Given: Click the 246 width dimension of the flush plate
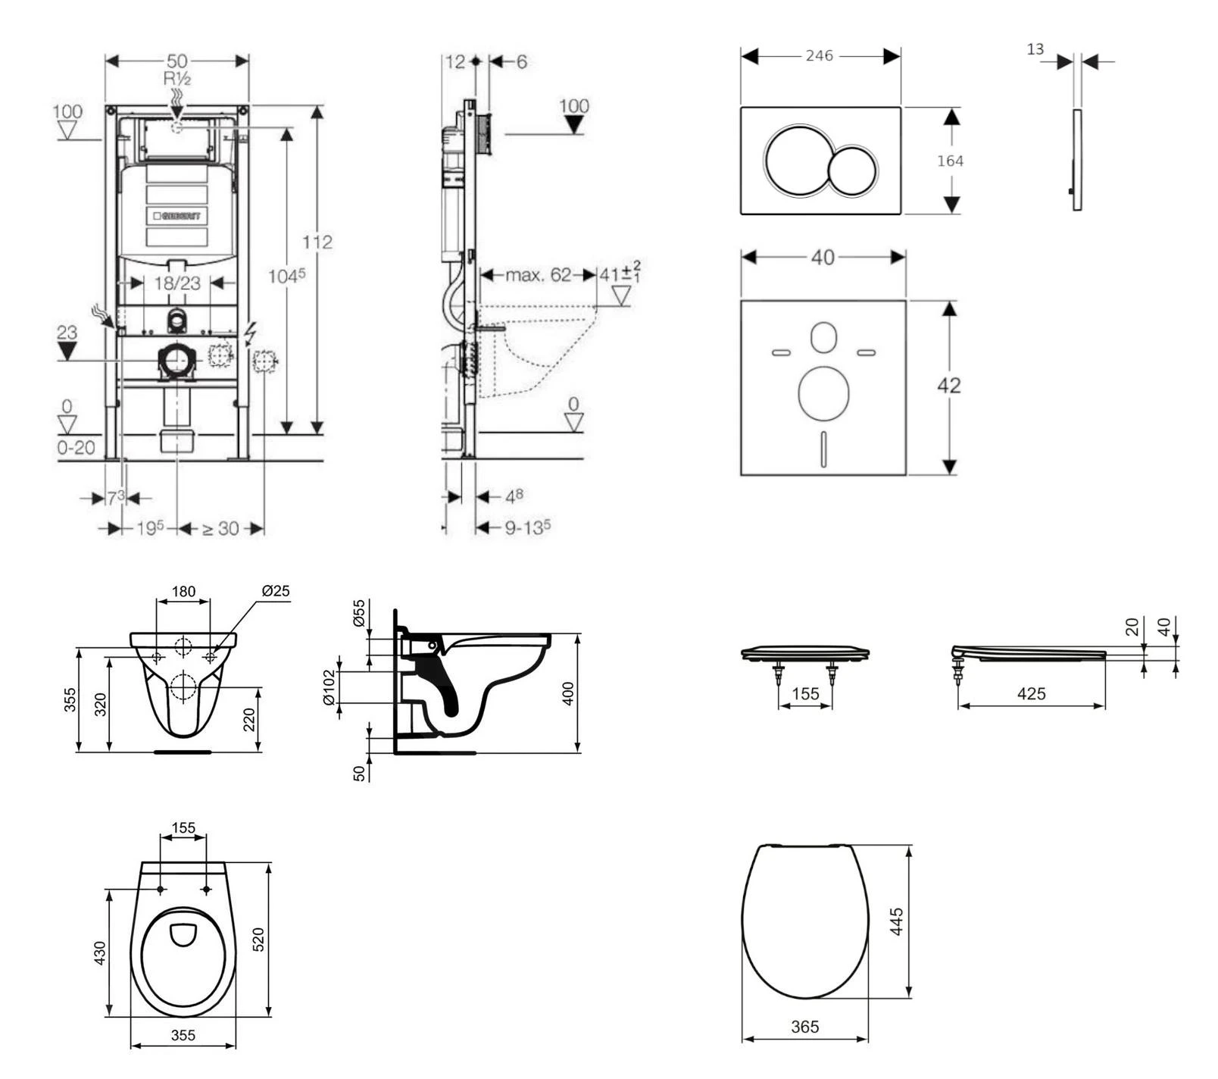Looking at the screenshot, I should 819,56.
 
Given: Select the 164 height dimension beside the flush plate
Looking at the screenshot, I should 950,161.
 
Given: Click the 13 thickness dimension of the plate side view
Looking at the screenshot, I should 1035,49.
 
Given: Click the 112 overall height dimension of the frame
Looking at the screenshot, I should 317,242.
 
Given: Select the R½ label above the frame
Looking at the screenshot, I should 176,78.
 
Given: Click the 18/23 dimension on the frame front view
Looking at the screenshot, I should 177,283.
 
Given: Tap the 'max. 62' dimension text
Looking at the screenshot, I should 538,274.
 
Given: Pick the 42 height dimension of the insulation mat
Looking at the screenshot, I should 948,385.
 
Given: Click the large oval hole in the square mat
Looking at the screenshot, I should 823,393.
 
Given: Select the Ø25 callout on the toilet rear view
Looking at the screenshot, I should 276,591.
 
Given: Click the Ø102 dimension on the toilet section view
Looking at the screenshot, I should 329,687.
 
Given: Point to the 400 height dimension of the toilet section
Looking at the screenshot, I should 569,693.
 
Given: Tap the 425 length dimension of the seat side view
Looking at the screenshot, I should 1031,693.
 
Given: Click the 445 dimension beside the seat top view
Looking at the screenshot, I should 897,921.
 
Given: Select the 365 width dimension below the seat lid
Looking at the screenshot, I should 804,1027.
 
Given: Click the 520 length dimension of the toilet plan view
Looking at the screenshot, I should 258,940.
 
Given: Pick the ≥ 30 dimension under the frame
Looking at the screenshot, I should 220,528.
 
